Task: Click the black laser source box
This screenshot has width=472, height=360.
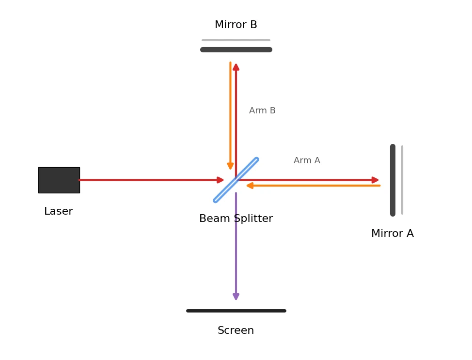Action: point(59,180)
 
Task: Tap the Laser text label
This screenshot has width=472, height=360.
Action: point(59,211)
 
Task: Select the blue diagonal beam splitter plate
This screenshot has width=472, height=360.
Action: point(236,180)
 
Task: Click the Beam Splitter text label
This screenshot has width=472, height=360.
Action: point(236,218)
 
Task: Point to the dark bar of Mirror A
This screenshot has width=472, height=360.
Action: point(393,180)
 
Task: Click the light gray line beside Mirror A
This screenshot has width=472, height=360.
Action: point(402,180)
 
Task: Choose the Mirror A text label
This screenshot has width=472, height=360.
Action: point(393,233)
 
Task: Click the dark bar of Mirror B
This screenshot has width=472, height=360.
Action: point(236,50)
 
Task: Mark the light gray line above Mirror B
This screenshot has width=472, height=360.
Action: point(236,40)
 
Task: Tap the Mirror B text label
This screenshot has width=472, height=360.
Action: point(236,25)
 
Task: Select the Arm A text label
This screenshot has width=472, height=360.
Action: point(307,160)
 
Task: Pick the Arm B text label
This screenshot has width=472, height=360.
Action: point(262,110)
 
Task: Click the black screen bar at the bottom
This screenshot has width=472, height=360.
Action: point(236,311)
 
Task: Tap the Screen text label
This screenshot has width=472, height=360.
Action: point(236,330)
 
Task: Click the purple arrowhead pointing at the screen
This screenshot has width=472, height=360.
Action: point(236,296)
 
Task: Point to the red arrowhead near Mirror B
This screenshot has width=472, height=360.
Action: point(236,67)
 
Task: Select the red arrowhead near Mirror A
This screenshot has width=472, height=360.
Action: point(375,180)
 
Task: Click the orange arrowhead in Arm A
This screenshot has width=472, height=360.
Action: point(250,186)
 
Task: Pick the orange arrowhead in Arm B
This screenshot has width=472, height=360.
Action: point(230,166)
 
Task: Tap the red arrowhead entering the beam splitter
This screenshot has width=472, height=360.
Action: point(220,180)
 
